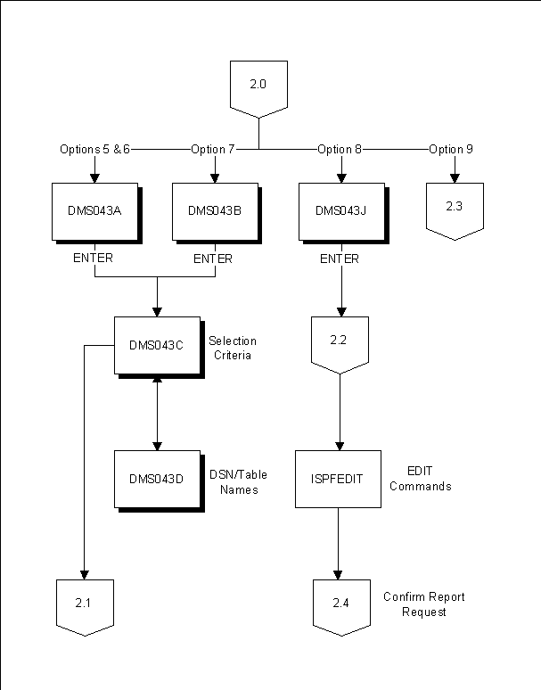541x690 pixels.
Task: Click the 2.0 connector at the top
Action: [x=258, y=86]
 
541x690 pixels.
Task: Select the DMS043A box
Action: [x=94, y=211]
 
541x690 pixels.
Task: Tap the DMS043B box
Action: [x=214, y=211]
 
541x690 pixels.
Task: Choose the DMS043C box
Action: [x=156, y=345]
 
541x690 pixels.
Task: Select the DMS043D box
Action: [x=156, y=479]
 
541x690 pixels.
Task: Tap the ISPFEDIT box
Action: [x=338, y=479]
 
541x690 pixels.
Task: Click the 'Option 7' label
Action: [x=213, y=149]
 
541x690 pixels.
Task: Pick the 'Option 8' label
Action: [x=340, y=149]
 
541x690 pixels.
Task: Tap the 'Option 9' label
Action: [x=451, y=149]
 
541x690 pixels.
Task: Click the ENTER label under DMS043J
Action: [x=340, y=259]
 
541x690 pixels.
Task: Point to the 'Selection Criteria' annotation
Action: [x=232, y=348]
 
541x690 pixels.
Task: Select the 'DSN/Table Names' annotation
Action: [x=238, y=481]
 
